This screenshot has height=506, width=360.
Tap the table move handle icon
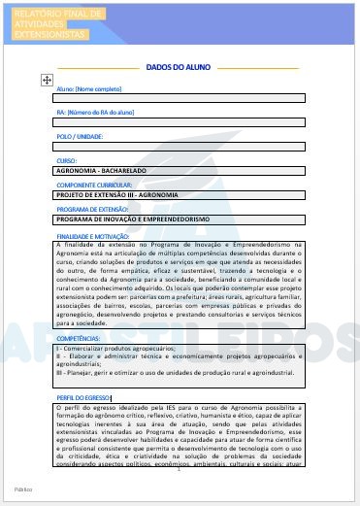click(46, 78)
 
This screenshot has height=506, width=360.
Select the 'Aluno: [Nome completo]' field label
click(89, 88)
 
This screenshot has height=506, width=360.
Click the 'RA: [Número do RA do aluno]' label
click(95, 113)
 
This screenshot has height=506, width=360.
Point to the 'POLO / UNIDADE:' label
click(81, 137)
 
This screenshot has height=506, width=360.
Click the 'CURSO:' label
click(67, 160)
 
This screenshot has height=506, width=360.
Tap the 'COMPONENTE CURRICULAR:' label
click(95, 185)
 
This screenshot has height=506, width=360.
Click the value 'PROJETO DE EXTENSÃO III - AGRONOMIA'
click(117, 194)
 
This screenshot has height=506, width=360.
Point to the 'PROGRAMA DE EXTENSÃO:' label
click(93, 209)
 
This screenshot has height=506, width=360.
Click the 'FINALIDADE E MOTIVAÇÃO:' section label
click(93, 236)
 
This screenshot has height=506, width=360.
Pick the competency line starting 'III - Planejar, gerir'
click(175, 372)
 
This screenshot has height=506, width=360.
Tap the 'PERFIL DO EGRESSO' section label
click(84, 397)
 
